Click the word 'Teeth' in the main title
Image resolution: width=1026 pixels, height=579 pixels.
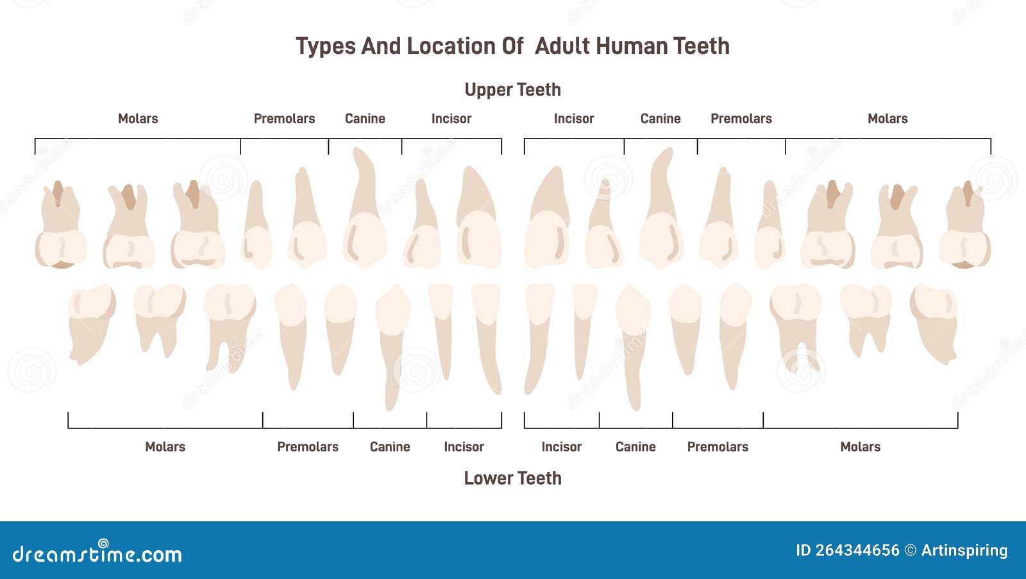702,46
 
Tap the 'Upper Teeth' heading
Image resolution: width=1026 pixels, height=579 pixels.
512,90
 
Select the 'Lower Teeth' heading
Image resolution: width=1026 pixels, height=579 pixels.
512,478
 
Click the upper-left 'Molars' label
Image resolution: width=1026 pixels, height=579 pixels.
138,119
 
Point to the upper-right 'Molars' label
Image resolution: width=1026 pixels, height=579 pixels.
887,119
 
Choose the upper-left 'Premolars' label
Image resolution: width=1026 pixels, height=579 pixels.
285,119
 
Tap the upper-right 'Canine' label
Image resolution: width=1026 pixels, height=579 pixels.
660,119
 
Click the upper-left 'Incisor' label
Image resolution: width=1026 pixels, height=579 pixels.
451,119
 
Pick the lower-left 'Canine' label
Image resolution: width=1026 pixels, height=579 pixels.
390,447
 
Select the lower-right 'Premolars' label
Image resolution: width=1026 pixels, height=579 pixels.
718,447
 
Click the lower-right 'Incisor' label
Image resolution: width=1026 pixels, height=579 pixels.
561,447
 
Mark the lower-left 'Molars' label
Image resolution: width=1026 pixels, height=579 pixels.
165,447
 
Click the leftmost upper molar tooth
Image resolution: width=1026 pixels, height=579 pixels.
60,224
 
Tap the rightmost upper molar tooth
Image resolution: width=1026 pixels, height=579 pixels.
964,224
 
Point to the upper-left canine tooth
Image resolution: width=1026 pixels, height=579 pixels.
365,208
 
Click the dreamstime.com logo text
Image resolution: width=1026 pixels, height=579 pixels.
97,553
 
